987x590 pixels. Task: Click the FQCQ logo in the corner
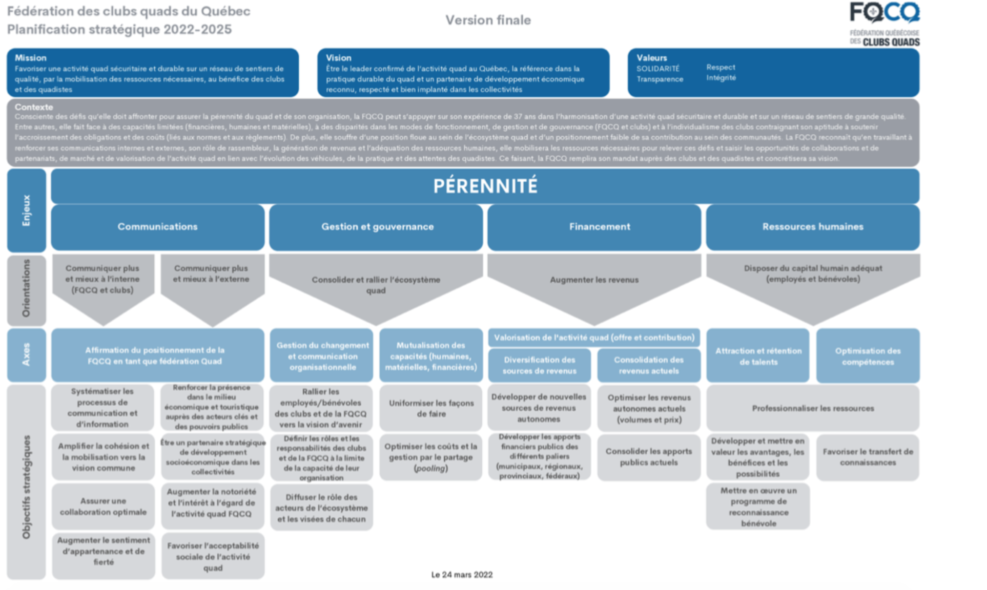click(885, 24)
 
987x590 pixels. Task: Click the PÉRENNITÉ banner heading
click(485, 186)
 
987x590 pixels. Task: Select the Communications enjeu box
click(157, 227)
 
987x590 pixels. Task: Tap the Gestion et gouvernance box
click(377, 227)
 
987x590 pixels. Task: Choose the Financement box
click(599, 227)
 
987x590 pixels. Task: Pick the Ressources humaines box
click(812, 227)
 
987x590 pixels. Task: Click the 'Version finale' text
click(488, 20)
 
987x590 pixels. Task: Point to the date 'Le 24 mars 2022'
click(462, 575)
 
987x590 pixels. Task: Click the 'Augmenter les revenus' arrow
click(594, 280)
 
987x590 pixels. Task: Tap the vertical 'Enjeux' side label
click(26, 210)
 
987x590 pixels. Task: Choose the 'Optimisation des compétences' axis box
click(867, 356)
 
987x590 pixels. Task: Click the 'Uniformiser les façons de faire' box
click(431, 408)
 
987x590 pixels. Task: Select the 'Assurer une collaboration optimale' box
click(103, 507)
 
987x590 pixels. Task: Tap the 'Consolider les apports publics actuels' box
click(648, 457)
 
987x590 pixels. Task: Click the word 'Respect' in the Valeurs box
click(720, 67)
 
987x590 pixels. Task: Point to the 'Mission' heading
click(30, 58)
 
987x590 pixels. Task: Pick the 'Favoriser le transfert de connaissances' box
click(867, 457)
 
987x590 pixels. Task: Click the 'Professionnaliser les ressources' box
click(812, 408)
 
